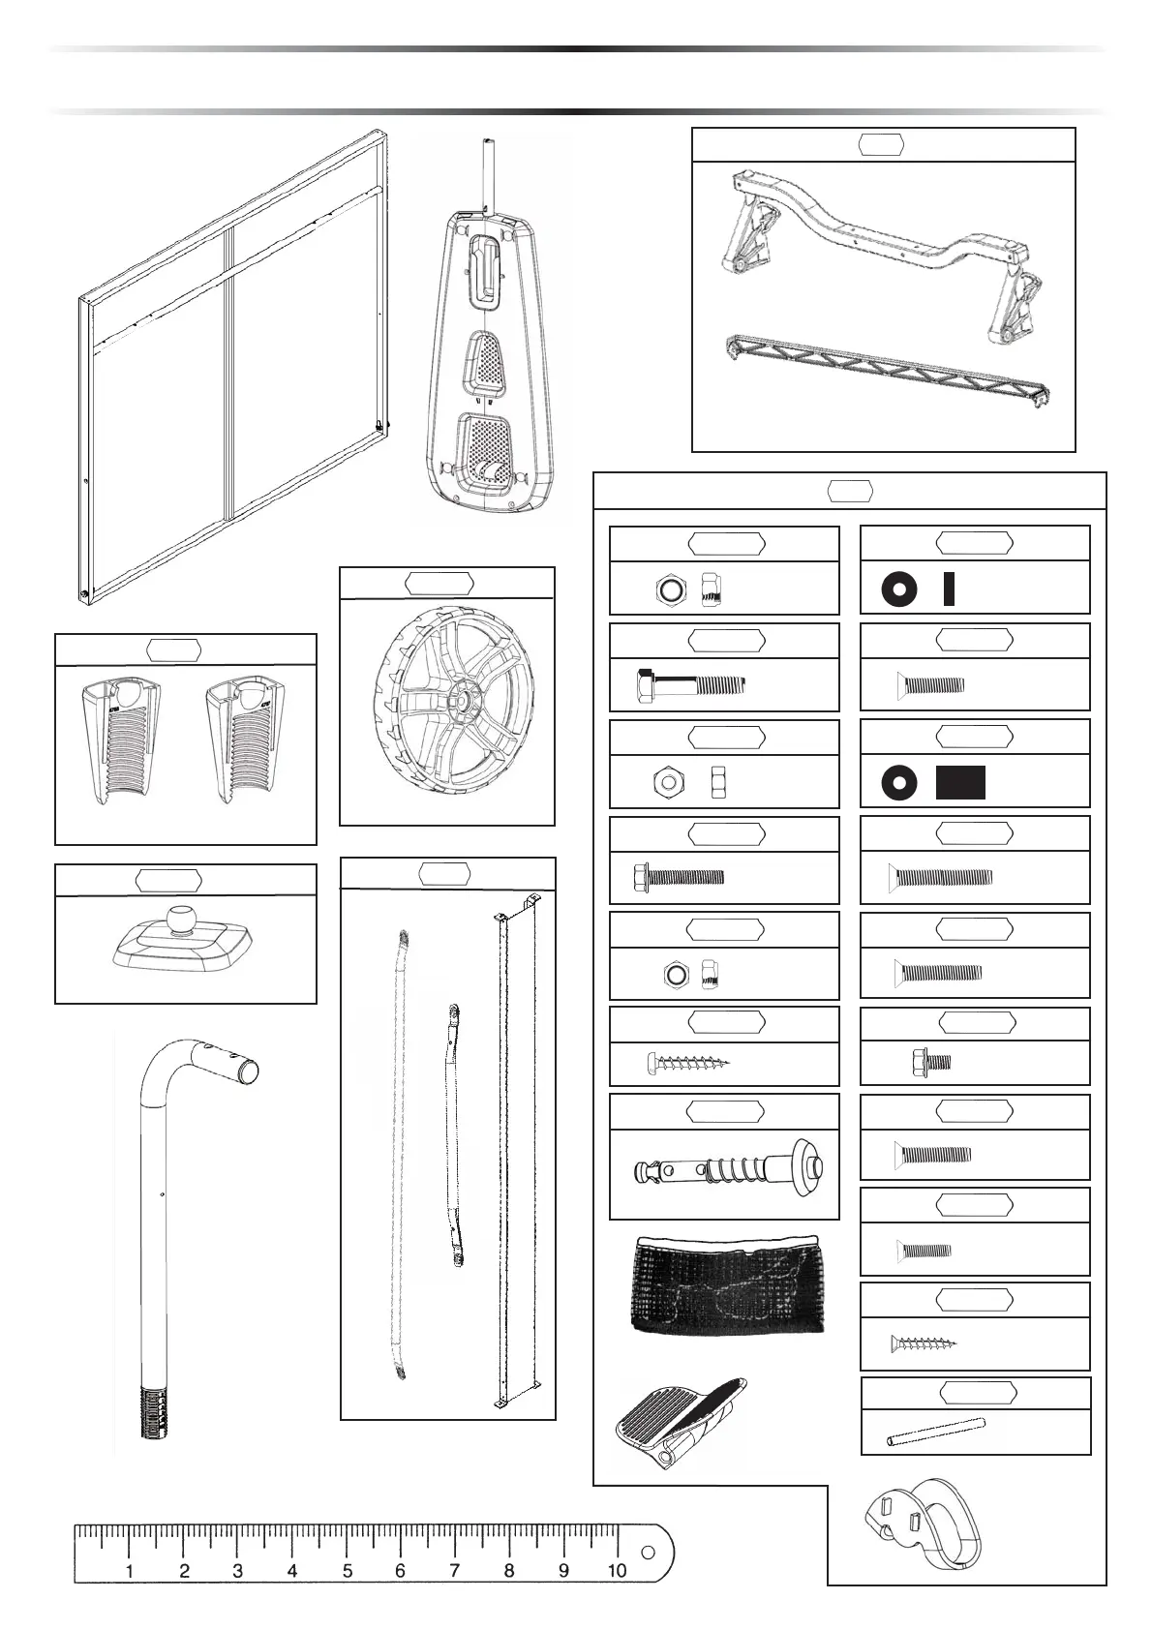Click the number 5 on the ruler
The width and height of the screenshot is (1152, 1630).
348,1570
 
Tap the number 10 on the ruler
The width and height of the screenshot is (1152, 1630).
617,1570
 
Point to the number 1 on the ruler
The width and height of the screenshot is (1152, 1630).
130,1570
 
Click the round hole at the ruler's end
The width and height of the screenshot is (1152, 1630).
647,1553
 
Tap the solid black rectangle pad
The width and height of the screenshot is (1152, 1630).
960,782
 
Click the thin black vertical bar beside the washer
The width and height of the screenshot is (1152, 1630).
949,589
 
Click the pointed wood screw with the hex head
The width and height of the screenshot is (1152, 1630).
687,1064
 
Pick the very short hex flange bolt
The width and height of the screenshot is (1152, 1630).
930,1063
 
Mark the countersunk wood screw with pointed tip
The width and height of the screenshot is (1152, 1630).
924,1343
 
